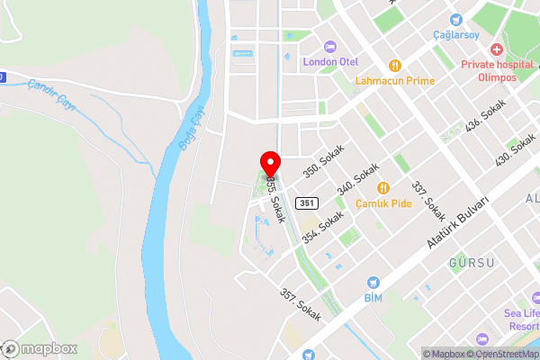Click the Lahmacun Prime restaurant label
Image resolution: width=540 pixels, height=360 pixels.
(x=394, y=80)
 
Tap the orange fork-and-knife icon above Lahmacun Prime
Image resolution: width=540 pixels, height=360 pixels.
(x=394, y=64)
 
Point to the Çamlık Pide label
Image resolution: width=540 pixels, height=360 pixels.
(x=383, y=203)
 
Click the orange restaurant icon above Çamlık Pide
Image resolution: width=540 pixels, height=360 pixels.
(x=383, y=187)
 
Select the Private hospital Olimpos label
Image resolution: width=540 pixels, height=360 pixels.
(x=497, y=70)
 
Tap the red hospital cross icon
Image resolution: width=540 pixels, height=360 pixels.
(x=497, y=47)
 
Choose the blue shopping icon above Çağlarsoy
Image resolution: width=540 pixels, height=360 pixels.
(x=456, y=18)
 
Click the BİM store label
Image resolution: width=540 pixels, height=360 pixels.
(x=373, y=297)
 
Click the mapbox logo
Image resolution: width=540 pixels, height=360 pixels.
(x=40, y=348)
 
